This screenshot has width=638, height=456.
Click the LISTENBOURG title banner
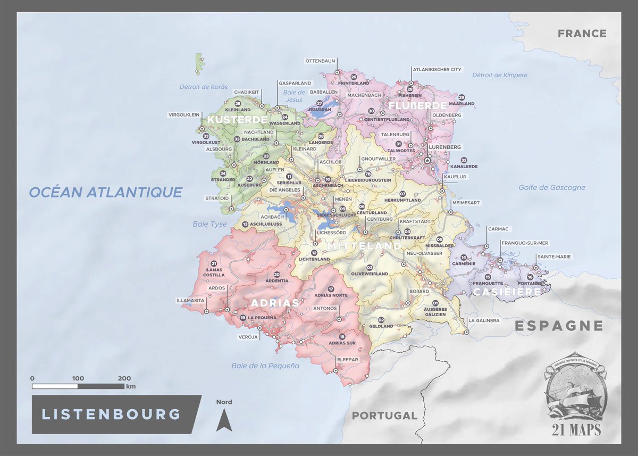(x=112, y=414)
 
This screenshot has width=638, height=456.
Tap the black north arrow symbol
(x=224, y=420)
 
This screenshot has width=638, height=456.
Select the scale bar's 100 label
(x=78, y=378)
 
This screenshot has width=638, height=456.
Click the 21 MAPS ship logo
(x=574, y=396)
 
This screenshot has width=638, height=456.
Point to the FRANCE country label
(x=582, y=34)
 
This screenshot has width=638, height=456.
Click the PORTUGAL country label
(x=384, y=415)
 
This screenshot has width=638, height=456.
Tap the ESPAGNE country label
(x=559, y=326)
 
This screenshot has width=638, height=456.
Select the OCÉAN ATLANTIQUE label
(x=105, y=192)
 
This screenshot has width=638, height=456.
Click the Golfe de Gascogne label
(x=552, y=187)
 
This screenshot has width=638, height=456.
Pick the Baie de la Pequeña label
(x=265, y=366)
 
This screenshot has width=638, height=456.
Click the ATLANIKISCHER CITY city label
(x=438, y=69)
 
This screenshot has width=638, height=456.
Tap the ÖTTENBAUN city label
(x=320, y=61)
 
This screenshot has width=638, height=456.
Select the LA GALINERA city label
(x=483, y=320)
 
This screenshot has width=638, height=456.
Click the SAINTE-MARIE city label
(x=554, y=256)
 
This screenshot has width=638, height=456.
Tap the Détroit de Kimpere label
(x=500, y=75)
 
